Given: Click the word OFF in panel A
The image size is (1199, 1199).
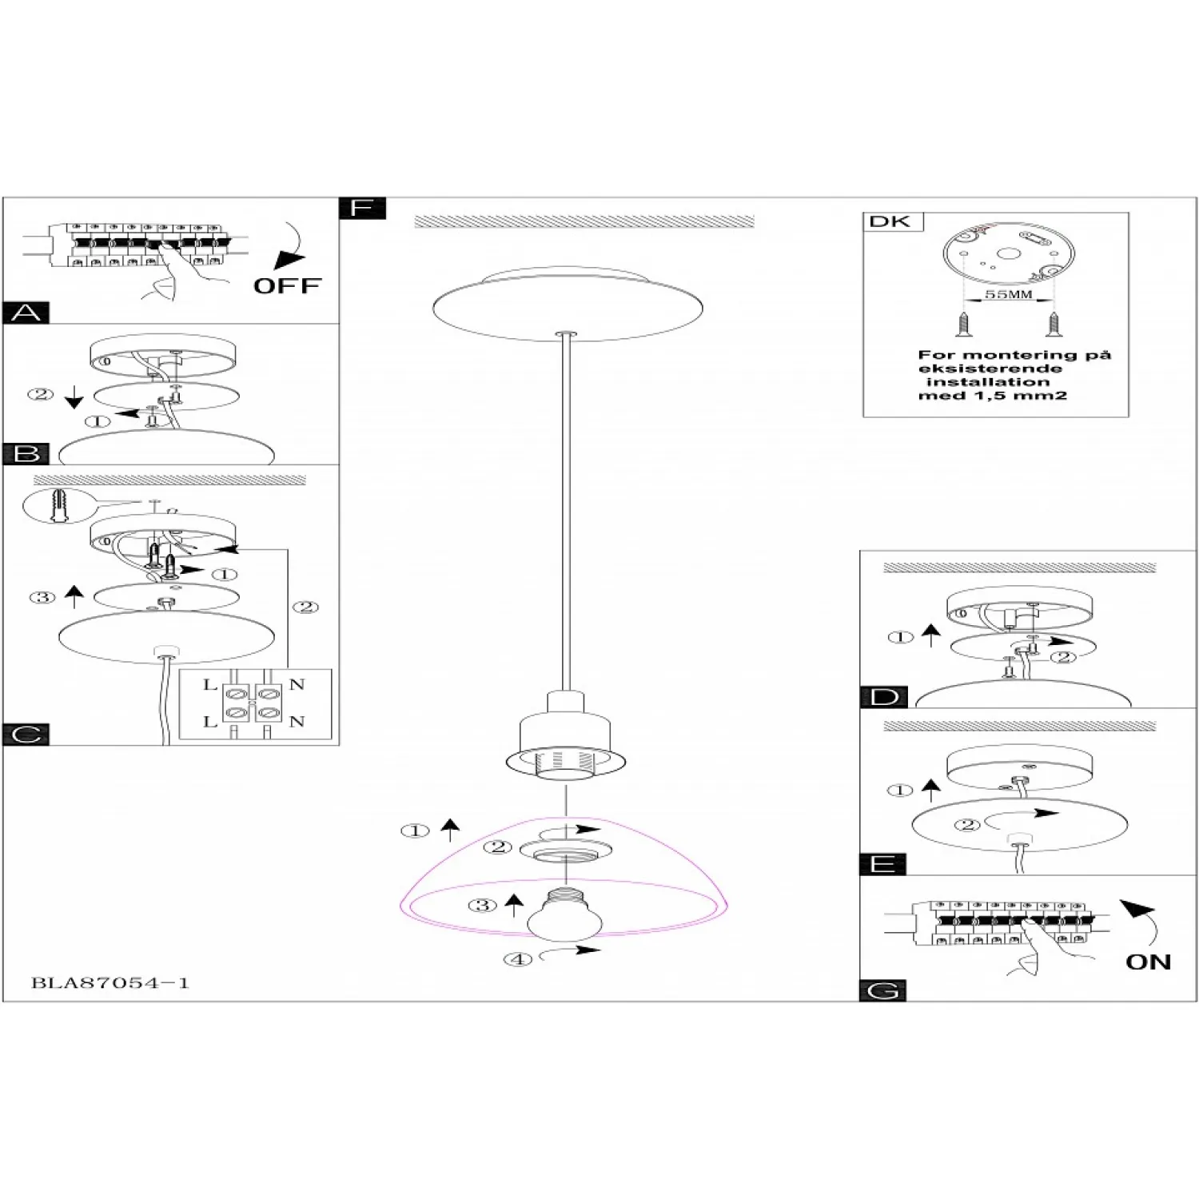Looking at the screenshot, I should click(x=287, y=285).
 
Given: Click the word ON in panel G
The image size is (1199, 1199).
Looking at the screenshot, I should click(x=1148, y=962).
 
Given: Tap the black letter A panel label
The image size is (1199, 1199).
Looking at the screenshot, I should click(x=26, y=313).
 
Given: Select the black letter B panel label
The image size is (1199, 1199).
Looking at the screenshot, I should click(x=26, y=453).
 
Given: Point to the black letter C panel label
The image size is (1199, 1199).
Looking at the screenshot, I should click(x=26, y=735).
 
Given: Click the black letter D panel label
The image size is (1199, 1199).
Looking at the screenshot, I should click(x=884, y=697).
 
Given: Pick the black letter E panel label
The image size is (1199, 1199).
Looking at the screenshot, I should click(x=883, y=864).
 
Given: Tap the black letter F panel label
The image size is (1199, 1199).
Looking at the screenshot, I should click(x=362, y=208).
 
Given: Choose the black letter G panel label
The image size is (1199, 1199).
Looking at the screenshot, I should click(x=883, y=991).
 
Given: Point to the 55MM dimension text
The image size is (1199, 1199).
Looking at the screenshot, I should click(x=1008, y=294).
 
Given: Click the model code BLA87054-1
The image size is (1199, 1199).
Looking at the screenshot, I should click(x=110, y=983).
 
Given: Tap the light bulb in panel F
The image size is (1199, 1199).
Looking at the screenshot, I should click(x=564, y=915).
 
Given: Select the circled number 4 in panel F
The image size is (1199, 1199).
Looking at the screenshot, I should click(x=517, y=959).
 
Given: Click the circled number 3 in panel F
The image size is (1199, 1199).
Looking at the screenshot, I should click(x=482, y=906).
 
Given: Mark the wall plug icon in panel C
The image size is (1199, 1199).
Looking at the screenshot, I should click(x=56, y=506).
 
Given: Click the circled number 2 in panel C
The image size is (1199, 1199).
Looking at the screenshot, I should click(x=306, y=607).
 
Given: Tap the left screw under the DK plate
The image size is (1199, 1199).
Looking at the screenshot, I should click(x=963, y=323).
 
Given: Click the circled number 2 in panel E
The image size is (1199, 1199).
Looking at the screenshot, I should click(x=967, y=825).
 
